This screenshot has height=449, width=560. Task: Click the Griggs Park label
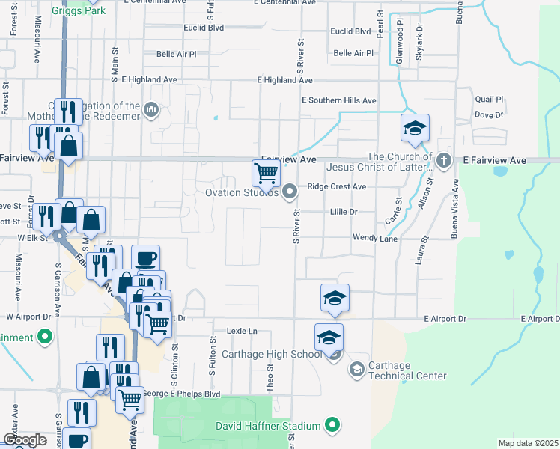[x=78, y=10]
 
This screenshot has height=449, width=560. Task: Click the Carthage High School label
[x=287, y=354]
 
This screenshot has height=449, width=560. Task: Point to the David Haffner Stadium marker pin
[x=333, y=426]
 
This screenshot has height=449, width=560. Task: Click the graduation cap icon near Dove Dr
[x=414, y=129]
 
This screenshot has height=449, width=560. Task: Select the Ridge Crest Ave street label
[x=336, y=186]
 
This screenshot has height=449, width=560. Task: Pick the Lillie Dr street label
[x=344, y=212]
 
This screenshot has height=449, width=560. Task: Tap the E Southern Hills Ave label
[x=338, y=100]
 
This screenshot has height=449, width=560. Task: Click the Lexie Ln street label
[x=241, y=330]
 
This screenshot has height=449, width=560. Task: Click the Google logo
[x=25, y=440]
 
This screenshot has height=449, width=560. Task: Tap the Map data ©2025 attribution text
[x=527, y=443]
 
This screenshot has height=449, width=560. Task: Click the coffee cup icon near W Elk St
[x=145, y=258]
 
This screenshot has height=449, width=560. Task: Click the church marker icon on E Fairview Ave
[x=443, y=159]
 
